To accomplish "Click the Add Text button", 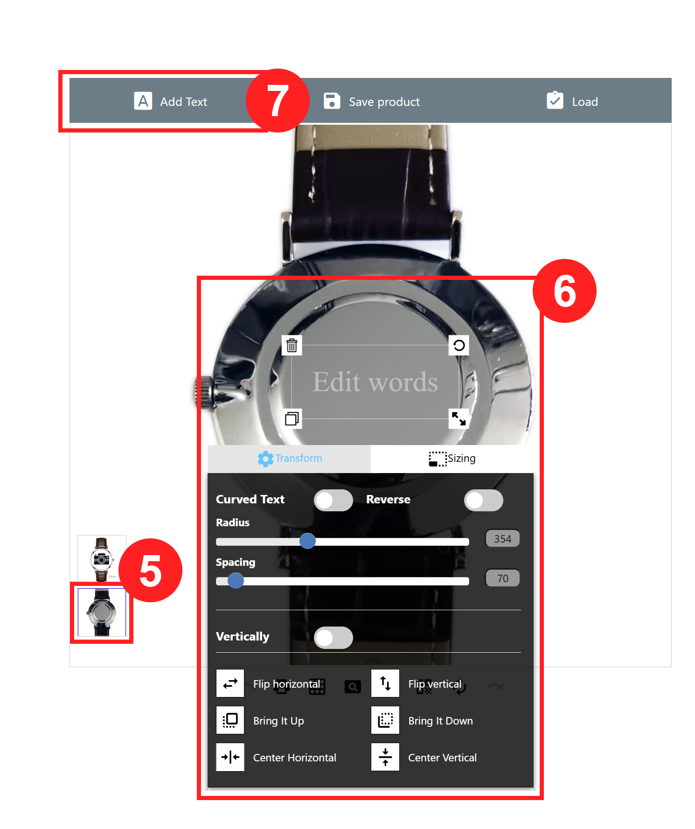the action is click(171, 101).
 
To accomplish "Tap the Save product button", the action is click(372, 101).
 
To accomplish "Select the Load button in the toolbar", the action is click(572, 101).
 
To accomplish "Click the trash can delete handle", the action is click(292, 345).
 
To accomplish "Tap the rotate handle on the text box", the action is click(459, 345).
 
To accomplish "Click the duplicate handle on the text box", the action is click(292, 418).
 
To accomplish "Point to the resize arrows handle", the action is click(459, 418).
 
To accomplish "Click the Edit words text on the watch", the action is click(375, 382).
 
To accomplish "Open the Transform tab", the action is click(289, 459).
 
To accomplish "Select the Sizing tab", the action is click(452, 459).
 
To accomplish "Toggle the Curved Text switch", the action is click(334, 500).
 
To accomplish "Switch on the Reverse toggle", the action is click(484, 500).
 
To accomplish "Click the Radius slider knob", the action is click(307, 541).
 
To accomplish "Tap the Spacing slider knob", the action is click(236, 581).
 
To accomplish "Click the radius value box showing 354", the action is click(503, 539).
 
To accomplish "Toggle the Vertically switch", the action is click(334, 637).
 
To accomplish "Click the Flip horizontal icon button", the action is click(230, 683).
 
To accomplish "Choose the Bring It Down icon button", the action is click(385, 720).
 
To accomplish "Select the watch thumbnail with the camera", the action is click(102, 558).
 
